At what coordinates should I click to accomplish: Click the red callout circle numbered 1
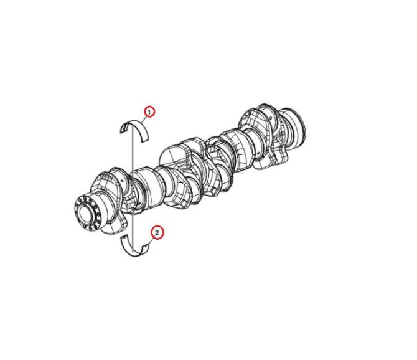[x=149, y=112]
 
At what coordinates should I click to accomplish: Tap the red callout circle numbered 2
[x=157, y=233]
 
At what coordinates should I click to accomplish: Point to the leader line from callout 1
[x=144, y=119]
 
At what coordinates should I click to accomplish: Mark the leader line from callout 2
[x=151, y=242]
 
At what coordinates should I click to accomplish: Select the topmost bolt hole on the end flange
[x=85, y=198]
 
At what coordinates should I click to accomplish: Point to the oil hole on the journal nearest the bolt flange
[x=123, y=181]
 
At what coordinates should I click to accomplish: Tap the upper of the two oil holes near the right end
[x=271, y=117]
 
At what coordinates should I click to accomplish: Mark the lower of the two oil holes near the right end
[x=258, y=153]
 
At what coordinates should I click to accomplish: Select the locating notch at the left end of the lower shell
[x=123, y=237]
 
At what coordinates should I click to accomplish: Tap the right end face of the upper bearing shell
[x=145, y=140]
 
